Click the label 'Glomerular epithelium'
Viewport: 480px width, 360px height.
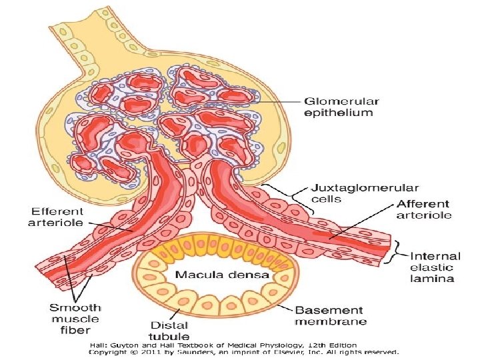(341, 107)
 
